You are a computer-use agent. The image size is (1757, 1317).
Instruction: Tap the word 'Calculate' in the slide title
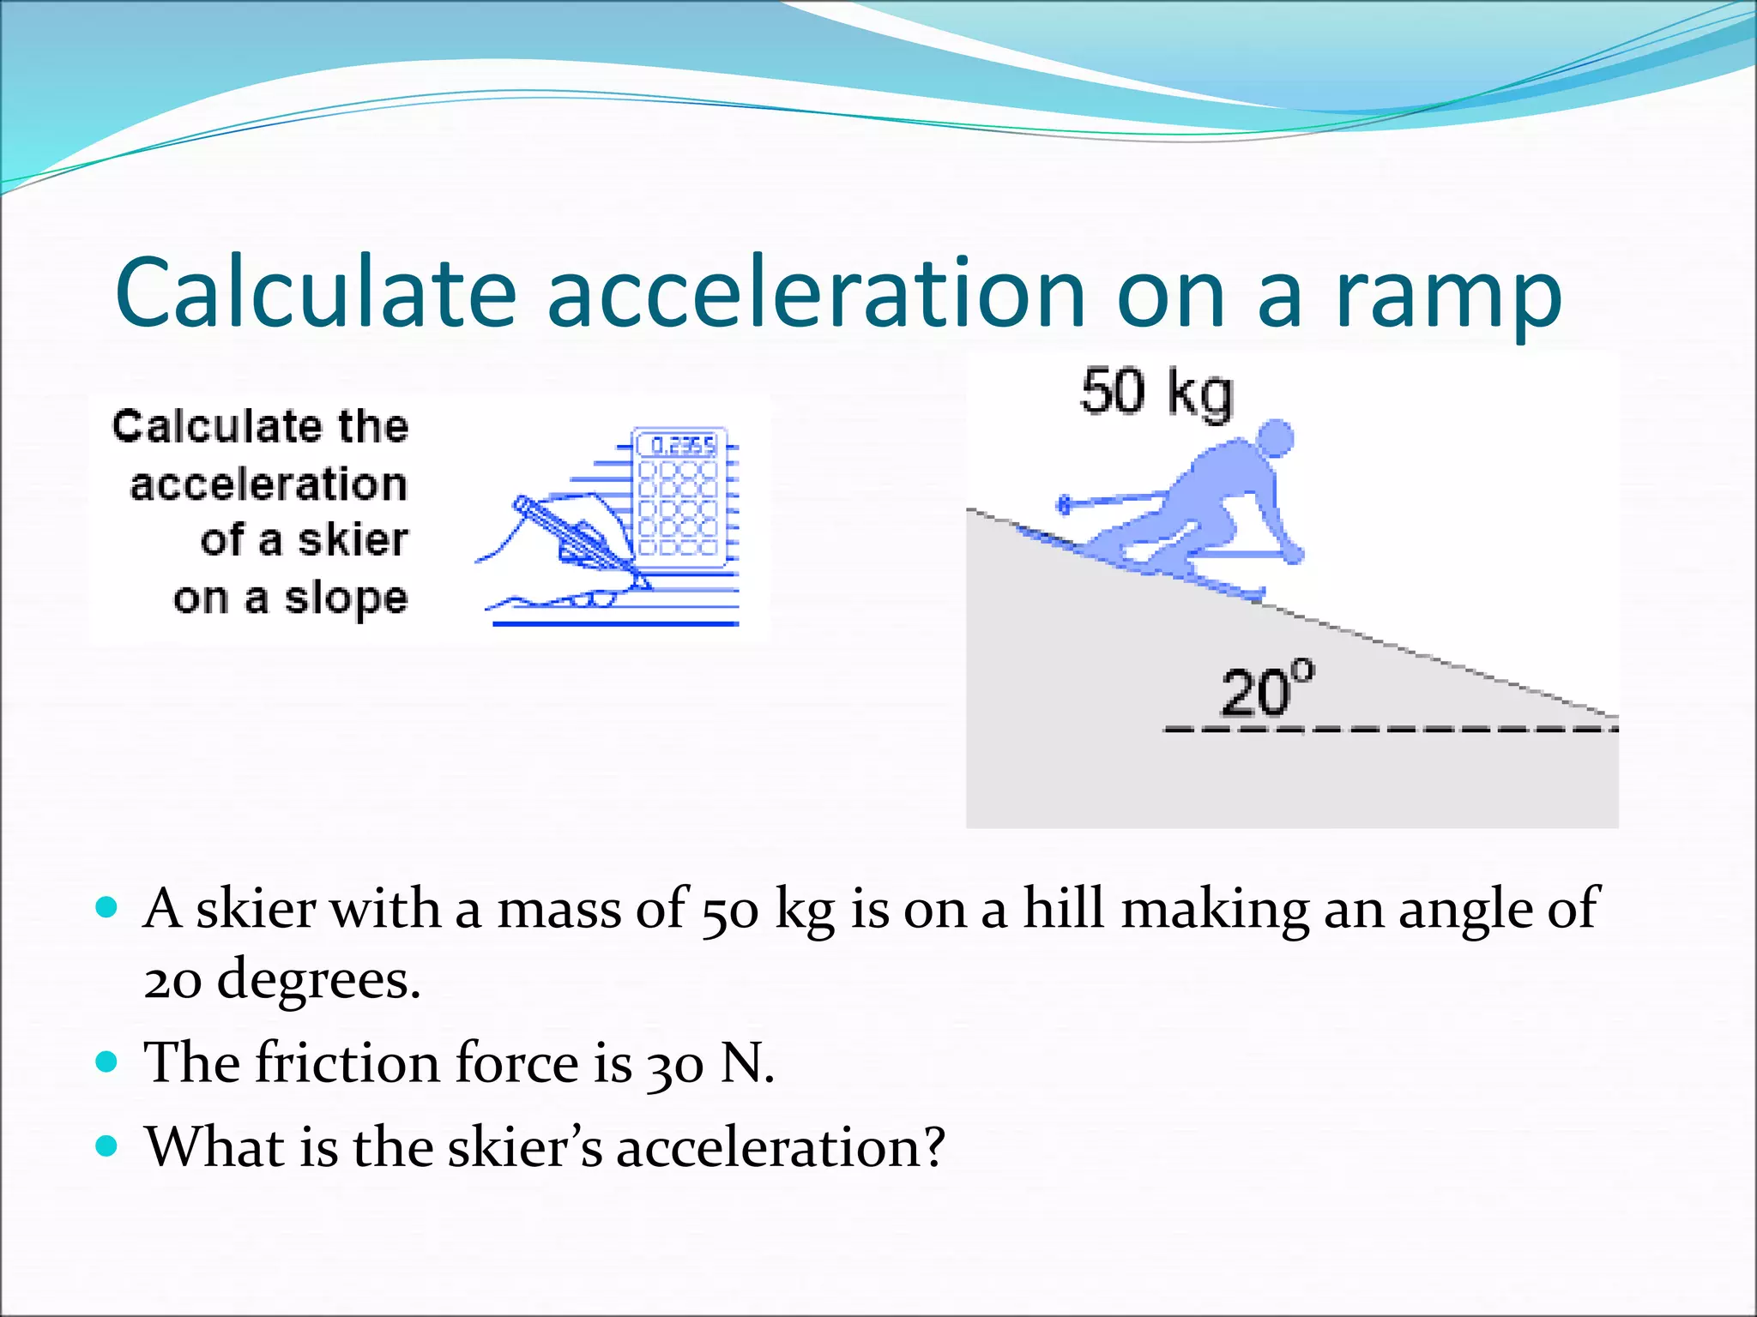pyautogui.click(x=315, y=292)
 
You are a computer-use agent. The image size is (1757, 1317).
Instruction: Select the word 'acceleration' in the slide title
pyautogui.click(x=816, y=292)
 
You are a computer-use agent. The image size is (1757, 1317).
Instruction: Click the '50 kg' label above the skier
pyautogui.click(x=1156, y=393)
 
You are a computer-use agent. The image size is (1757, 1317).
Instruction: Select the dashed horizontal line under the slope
pyautogui.click(x=1390, y=730)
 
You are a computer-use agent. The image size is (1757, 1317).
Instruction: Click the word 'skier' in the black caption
pyautogui.click(x=353, y=541)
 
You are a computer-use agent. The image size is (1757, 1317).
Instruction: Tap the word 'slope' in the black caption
pyautogui.click(x=346, y=598)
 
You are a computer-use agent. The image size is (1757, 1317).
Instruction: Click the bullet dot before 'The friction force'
pyautogui.click(x=106, y=1062)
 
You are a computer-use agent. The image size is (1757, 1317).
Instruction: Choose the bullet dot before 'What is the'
pyautogui.click(x=106, y=1146)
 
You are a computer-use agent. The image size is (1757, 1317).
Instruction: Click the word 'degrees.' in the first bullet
pyautogui.click(x=318, y=980)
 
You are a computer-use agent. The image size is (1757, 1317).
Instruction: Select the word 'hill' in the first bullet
pyautogui.click(x=1063, y=908)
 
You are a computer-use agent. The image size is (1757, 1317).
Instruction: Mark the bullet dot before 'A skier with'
pyautogui.click(x=106, y=907)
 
